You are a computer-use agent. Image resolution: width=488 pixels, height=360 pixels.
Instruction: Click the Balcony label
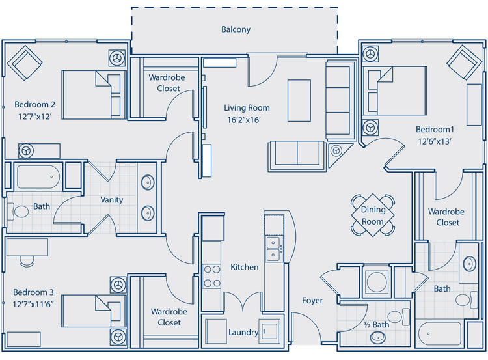pyautogui.click(x=236, y=29)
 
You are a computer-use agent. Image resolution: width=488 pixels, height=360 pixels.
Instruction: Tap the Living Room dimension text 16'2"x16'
pyautogui.click(x=244, y=120)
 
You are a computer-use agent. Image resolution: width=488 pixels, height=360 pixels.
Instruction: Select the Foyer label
pyautogui.click(x=312, y=301)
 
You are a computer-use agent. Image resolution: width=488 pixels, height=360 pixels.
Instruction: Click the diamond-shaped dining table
pyautogui.click(x=373, y=215)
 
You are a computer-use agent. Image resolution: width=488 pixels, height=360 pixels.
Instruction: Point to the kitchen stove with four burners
pyautogui.click(x=212, y=276)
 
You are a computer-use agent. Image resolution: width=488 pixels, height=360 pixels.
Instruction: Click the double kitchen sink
pyautogui.click(x=273, y=249)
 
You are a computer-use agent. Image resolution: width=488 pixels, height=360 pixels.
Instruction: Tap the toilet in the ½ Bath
pyautogui.click(x=398, y=317)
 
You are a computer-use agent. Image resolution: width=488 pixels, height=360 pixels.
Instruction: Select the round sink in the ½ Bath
pyautogui.click(x=378, y=337)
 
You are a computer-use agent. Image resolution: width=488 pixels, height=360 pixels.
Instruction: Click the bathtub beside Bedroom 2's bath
pyautogui.click(x=38, y=177)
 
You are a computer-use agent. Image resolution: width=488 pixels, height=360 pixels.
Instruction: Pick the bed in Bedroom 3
pyautogui.click(x=93, y=311)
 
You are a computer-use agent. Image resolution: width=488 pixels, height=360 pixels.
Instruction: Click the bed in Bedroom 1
pyautogui.click(x=395, y=90)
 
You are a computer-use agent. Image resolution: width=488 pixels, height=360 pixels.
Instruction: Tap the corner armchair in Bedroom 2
pyautogui.click(x=24, y=63)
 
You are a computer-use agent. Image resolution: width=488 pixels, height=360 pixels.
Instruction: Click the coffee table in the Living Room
pyautogui.click(x=299, y=100)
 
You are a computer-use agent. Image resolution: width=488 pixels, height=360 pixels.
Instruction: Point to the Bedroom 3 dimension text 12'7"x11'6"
pyautogui.click(x=33, y=304)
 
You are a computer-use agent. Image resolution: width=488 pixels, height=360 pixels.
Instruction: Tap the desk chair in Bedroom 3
pyautogui.click(x=27, y=261)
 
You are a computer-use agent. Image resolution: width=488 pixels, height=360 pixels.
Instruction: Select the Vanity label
pyautogui.click(x=111, y=200)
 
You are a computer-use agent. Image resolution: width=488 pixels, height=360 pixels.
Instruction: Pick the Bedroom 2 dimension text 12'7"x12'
pyautogui.click(x=35, y=117)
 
